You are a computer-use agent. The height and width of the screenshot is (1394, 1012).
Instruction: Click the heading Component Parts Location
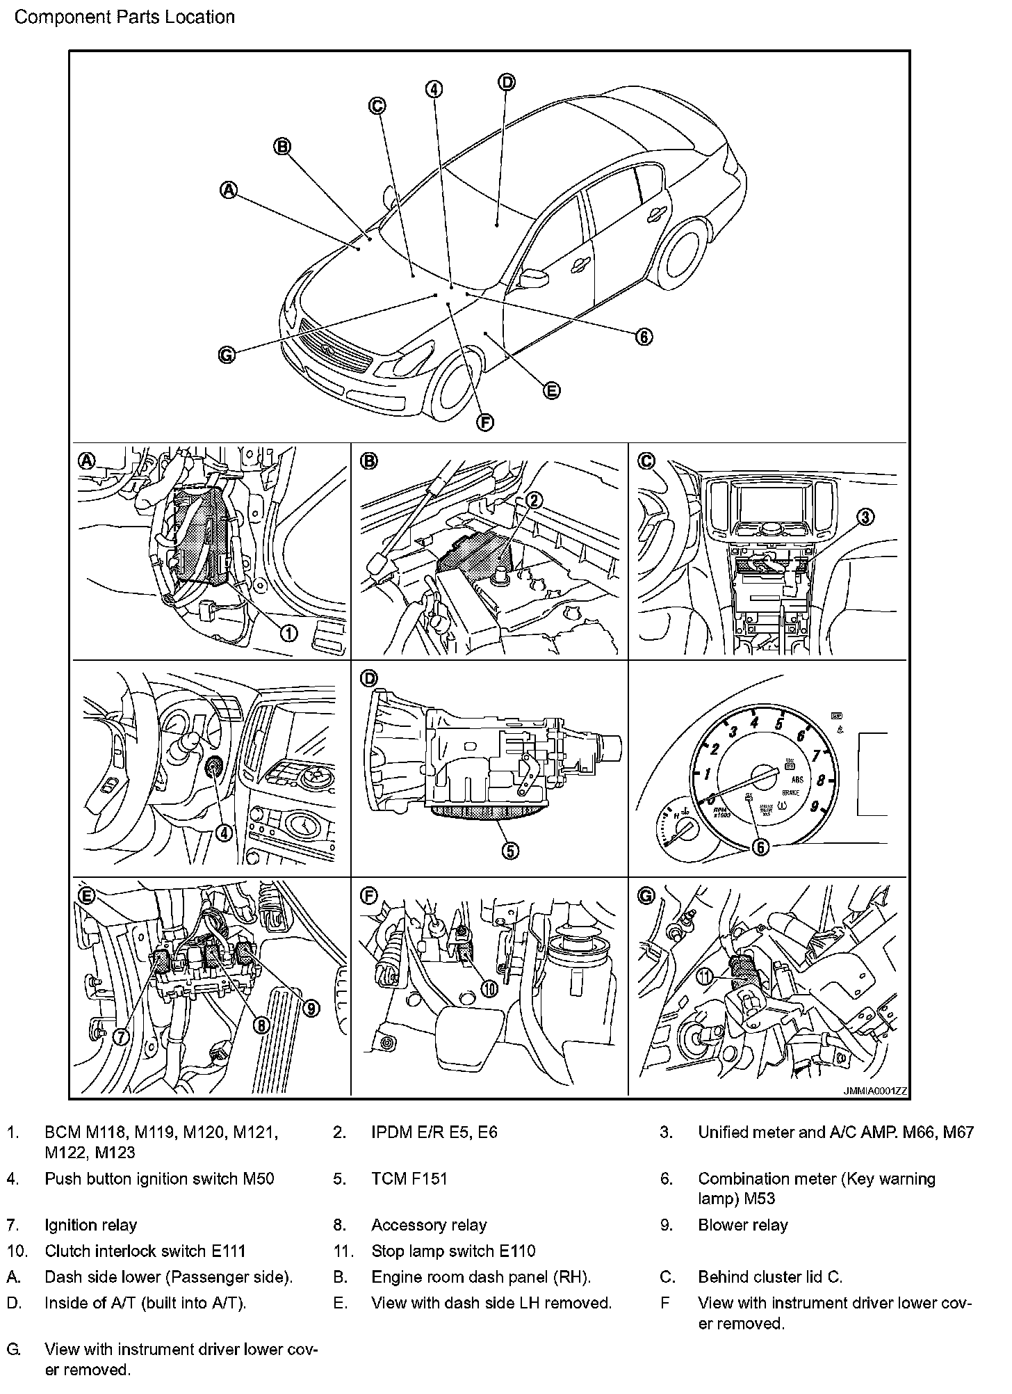tap(124, 17)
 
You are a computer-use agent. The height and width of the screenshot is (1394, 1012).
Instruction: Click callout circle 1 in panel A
tap(288, 632)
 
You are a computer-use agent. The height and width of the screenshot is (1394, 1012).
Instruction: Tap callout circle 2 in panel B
tap(534, 499)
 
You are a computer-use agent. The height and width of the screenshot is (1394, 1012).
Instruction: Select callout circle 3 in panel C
tap(865, 517)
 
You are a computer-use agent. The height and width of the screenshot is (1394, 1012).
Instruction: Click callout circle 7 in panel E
tap(121, 1036)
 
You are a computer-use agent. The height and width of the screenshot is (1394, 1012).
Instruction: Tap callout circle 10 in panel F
tap(489, 989)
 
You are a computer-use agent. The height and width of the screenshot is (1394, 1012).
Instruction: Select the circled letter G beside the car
tap(227, 355)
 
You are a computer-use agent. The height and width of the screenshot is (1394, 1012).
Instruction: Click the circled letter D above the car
tap(507, 82)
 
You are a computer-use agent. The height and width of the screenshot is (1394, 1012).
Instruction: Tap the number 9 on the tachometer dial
tap(814, 808)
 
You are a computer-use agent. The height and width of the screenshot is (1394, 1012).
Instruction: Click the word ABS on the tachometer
tap(797, 780)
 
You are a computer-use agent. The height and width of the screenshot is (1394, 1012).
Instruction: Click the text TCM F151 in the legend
tap(409, 1178)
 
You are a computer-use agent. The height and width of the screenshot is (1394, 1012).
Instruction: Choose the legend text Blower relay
tap(742, 1225)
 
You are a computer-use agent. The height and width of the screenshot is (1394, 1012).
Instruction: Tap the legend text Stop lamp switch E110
tap(453, 1251)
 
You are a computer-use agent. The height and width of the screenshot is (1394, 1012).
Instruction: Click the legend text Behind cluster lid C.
tap(769, 1277)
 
